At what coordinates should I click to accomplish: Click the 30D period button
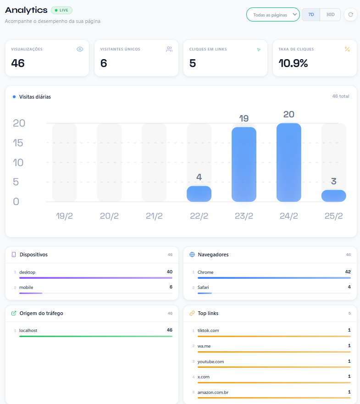pos(330,15)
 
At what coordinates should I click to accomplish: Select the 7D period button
pos(311,15)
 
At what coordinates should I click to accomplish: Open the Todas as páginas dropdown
pos(273,15)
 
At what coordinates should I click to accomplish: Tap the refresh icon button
pos(350,15)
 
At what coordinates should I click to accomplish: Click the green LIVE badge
pos(61,10)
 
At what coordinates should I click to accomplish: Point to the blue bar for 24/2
pos(288,162)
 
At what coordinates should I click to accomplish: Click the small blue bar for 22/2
pos(199,194)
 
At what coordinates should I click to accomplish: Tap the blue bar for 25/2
pos(333,196)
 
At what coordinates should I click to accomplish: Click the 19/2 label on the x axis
pos(64,216)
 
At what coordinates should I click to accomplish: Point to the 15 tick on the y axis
pos(18,143)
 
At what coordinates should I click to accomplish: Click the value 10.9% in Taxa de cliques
pos(293,63)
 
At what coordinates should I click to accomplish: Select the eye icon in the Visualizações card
pos(80,49)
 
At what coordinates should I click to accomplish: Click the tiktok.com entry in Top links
pos(208,331)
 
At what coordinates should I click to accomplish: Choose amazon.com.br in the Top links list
pos(213,393)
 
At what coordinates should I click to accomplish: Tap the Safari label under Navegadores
pos(204,288)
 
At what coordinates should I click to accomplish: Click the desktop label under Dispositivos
pos(27,272)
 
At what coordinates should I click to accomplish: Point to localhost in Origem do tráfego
pos(28,331)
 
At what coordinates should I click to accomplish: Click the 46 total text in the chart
pos(340,97)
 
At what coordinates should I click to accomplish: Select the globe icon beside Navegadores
pos(192,255)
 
